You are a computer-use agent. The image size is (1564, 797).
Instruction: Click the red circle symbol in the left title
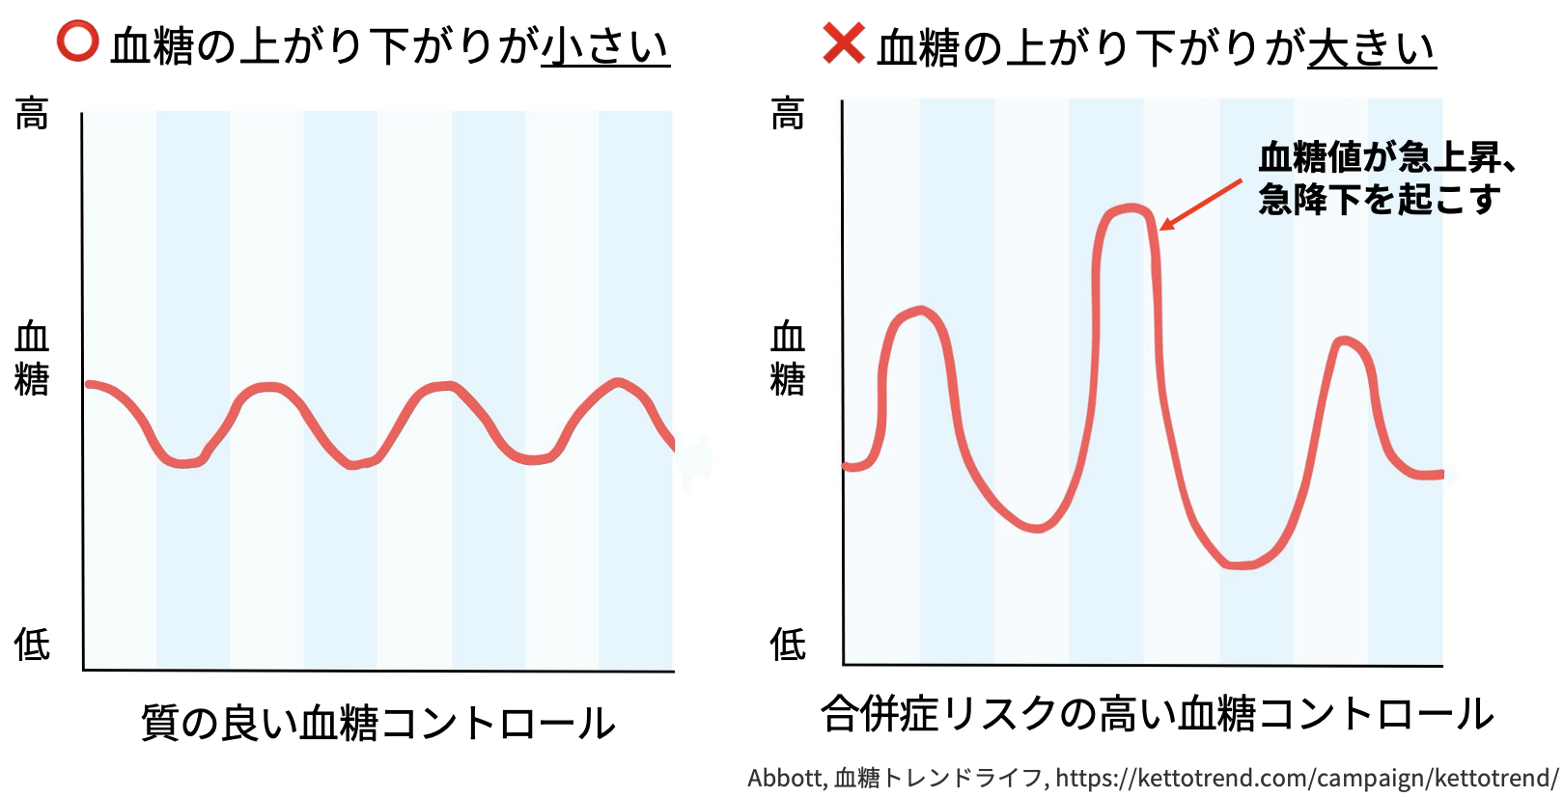(77, 41)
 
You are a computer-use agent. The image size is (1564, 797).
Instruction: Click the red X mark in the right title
(843, 43)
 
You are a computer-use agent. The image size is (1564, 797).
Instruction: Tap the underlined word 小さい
(605, 46)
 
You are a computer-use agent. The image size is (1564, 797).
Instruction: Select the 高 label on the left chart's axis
(32, 114)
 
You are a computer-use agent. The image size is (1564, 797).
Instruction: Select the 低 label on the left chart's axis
(32, 644)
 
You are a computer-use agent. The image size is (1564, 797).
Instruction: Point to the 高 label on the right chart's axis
(788, 114)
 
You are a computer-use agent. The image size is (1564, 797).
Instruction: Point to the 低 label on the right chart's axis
(788, 644)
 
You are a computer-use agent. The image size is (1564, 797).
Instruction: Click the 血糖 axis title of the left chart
(32, 358)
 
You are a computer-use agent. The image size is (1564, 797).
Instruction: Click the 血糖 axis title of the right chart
(788, 358)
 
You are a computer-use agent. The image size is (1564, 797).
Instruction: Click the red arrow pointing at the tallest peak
(1200, 205)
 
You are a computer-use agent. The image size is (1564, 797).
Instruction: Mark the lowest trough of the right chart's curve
(1241, 564)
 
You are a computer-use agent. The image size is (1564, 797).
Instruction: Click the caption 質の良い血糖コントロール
(378, 723)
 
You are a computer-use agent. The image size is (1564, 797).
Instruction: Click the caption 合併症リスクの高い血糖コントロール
(1157, 714)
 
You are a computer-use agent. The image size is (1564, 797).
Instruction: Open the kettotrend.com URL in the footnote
(1306, 778)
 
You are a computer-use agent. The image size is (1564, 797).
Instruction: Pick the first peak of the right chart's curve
(920, 312)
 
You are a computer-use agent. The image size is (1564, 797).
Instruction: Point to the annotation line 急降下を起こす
(1379, 199)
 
